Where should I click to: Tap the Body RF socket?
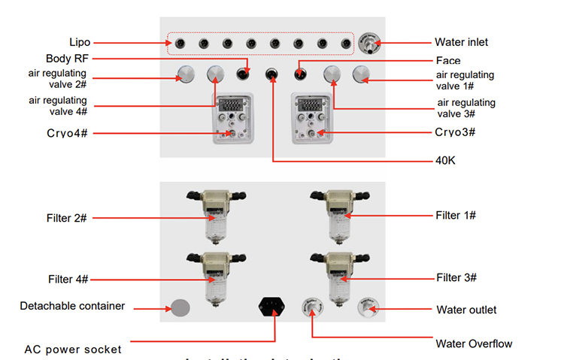click(243, 74)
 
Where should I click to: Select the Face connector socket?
click(299, 74)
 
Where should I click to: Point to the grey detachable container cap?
click(180, 307)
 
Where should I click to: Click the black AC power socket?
click(271, 307)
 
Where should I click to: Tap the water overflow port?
click(311, 307)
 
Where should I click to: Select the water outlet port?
click(368, 307)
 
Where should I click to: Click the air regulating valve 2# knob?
click(186, 74)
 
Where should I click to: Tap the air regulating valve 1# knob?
click(362, 74)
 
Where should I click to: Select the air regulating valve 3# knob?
click(332, 74)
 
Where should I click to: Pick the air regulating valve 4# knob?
click(215, 74)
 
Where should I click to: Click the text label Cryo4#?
click(68, 133)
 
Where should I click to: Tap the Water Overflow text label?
click(474, 343)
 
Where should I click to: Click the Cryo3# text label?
click(456, 132)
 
